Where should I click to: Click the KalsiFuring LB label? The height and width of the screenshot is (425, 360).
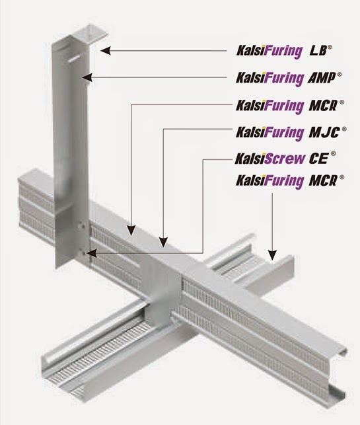coord(284,51)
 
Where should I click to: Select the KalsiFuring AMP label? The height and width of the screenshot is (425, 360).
coord(289,78)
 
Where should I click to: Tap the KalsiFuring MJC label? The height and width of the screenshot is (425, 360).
coord(291,132)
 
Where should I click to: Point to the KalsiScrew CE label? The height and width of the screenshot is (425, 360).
coord(285,158)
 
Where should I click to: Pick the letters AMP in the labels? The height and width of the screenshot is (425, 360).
coord(322,79)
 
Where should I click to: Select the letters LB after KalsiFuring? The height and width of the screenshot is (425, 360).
coord(318,51)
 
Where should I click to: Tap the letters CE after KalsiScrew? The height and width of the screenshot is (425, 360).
coord(318,158)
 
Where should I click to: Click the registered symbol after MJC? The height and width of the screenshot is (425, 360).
coord(344,129)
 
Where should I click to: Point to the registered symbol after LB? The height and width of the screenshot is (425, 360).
coord(330,48)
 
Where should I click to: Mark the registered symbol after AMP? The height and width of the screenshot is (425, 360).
coord(339,75)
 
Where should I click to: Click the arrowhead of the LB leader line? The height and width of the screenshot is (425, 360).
coord(106,51)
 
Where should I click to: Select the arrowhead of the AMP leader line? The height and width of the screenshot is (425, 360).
coord(87,77)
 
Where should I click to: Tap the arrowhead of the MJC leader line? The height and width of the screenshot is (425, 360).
coord(163,242)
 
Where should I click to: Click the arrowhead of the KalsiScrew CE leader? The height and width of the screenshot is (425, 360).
coord(91,253)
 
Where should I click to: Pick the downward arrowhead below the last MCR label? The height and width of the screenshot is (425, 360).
coord(273,255)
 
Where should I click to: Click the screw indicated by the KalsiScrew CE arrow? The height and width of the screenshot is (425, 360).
coord(83,253)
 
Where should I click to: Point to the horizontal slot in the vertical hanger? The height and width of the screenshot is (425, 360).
coord(74,59)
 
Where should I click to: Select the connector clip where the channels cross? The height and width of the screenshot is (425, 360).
coord(162,293)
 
